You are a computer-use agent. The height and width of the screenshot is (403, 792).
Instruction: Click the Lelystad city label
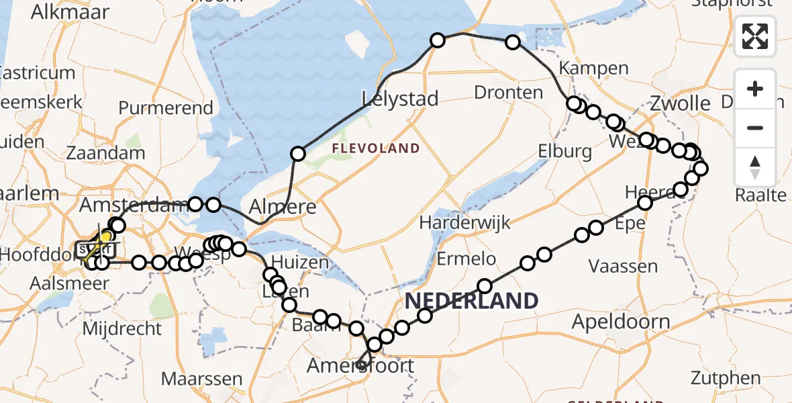click(x=400, y=99)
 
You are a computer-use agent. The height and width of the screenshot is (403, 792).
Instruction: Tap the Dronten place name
click(x=508, y=92)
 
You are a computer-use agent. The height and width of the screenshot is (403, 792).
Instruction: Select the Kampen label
click(x=584, y=69)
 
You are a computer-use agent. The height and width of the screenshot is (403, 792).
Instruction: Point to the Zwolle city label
click(x=680, y=103)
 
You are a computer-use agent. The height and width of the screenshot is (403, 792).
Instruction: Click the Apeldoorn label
click(x=621, y=322)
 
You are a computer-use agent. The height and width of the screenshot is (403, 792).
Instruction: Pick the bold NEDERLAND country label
click(x=472, y=300)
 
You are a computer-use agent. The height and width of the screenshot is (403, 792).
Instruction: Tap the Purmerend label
click(x=166, y=108)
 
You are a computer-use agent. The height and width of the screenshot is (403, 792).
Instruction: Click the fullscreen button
click(x=755, y=36)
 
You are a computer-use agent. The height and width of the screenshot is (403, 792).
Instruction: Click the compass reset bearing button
click(x=755, y=167)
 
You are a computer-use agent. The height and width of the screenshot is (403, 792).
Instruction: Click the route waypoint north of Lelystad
click(x=438, y=41)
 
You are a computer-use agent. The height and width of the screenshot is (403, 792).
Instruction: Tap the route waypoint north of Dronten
click(x=513, y=42)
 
